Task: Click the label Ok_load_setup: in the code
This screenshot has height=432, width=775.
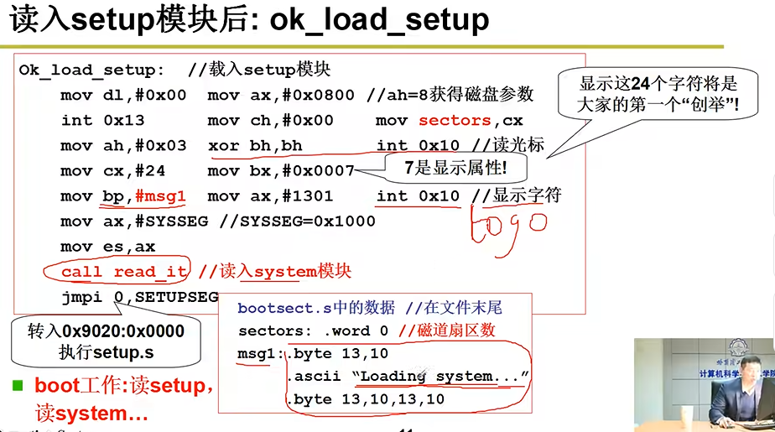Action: [91, 70]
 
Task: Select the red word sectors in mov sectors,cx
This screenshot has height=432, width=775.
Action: [455, 121]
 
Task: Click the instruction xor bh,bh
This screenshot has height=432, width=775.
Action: [255, 146]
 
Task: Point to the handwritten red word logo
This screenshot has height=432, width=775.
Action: [508, 226]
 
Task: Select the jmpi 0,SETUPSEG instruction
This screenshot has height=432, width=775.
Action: [139, 297]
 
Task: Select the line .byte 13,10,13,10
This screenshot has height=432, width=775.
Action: [367, 400]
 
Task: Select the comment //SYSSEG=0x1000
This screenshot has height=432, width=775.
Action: [297, 221]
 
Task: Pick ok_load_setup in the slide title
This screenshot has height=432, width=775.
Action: [379, 20]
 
